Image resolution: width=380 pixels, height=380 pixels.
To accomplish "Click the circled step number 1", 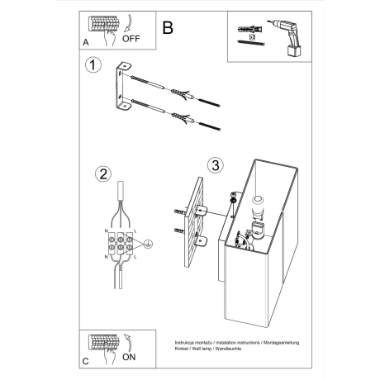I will (94, 66).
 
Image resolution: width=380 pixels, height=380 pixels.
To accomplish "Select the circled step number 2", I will (103, 174).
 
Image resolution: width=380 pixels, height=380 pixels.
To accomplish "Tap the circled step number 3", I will (212, 165).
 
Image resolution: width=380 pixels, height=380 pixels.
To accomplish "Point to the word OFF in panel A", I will (133, 38).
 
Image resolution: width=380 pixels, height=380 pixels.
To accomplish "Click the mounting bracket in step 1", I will (121, 88).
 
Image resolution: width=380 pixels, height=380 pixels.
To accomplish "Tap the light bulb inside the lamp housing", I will (256, 203).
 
